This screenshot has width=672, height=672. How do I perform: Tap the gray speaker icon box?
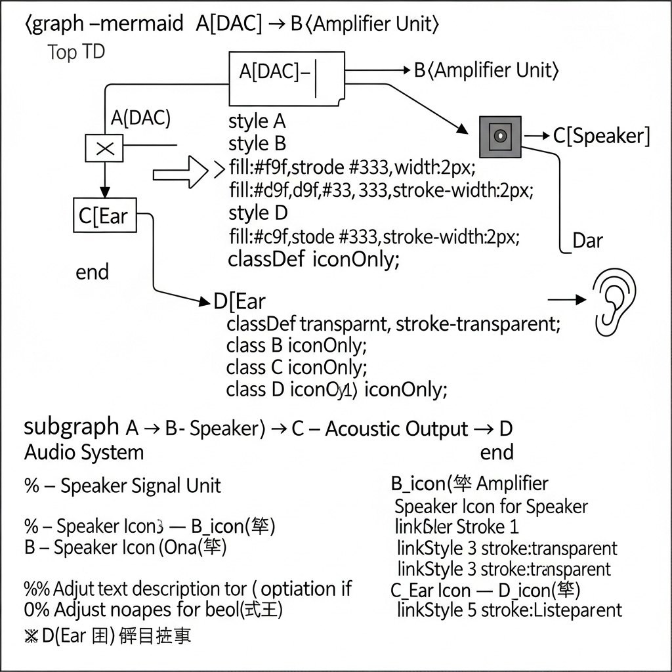coord(500,136)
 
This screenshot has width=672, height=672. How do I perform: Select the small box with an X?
coord(104,148)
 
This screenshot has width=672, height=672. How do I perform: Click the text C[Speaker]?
coord(601,136)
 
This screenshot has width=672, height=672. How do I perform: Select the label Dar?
coord(587,241)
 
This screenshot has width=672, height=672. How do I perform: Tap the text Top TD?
coord(76,52)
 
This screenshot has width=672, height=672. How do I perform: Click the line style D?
coord(258,213)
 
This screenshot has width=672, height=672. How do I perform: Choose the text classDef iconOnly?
coord(313,259)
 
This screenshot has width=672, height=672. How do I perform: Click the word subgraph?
coord(72,427)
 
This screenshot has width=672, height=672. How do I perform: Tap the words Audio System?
coord(83,452)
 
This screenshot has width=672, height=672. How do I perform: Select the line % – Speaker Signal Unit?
coord(123,486)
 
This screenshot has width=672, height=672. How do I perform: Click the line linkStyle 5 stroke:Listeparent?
coord(509,610)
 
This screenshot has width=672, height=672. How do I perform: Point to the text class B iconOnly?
coord(297,345)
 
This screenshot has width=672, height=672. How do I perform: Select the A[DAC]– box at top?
coord(286,78)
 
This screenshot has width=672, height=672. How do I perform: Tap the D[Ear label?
coord(240,302)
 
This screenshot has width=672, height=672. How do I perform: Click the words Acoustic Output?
coord(396,429)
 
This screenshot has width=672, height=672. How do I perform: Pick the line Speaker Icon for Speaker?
coord(491,507)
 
